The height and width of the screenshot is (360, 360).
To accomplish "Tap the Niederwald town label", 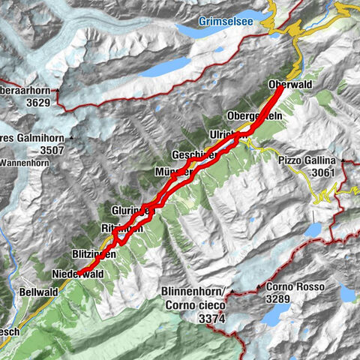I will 77,274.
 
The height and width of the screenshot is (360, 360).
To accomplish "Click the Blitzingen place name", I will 94,255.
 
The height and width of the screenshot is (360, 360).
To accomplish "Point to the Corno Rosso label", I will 289,287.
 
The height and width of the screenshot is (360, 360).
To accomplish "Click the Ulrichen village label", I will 224,135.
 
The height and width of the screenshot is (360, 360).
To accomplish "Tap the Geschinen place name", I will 193,154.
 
